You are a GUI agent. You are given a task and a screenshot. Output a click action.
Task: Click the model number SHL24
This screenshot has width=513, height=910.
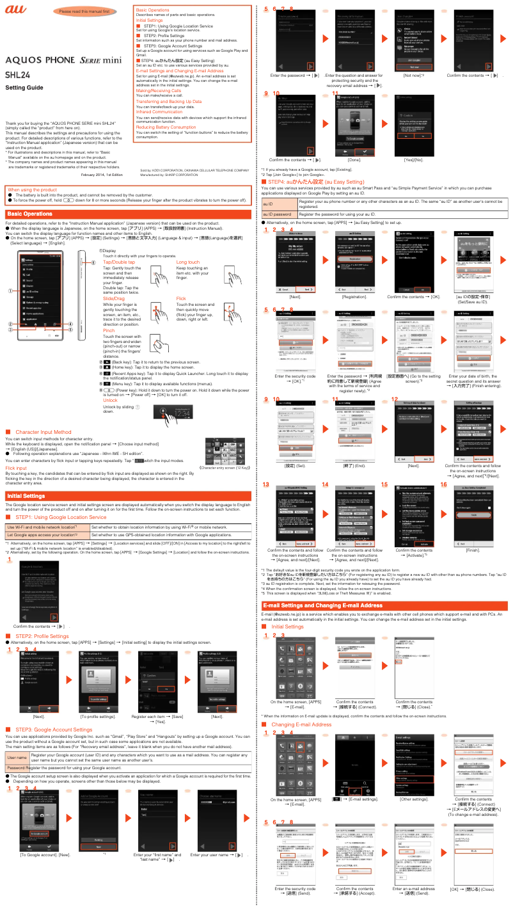(x=19, y=74)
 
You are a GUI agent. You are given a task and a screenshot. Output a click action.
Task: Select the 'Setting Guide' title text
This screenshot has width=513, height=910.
(x=24, y=88)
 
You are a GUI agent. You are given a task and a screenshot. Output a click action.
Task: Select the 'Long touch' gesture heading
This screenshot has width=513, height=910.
(x=187, y=262)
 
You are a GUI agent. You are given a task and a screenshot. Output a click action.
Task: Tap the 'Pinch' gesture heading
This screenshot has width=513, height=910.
(x=109, y=330)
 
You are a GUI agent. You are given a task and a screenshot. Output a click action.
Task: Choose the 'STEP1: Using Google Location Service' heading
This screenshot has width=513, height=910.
(x=59, y=480)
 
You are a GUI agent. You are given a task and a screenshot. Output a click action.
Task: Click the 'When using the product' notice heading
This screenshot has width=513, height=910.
(x=32, y=189)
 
